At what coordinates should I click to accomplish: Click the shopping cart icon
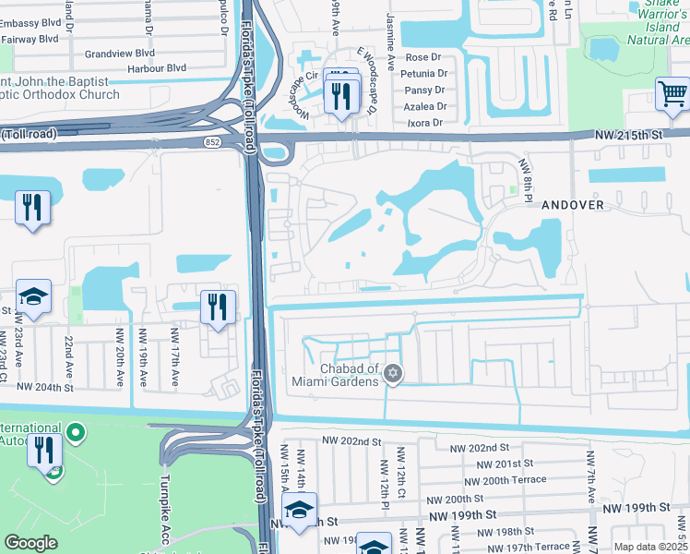click(x=673, y=93)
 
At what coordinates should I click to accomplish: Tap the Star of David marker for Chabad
click(x=394, y=373)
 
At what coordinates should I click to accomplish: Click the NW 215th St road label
click(x=630, y=135)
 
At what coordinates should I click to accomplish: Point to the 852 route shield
click(x=211, y=142)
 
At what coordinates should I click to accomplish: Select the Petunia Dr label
click(x=426, y=73)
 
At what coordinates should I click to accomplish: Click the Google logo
click(x=30, y=543)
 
